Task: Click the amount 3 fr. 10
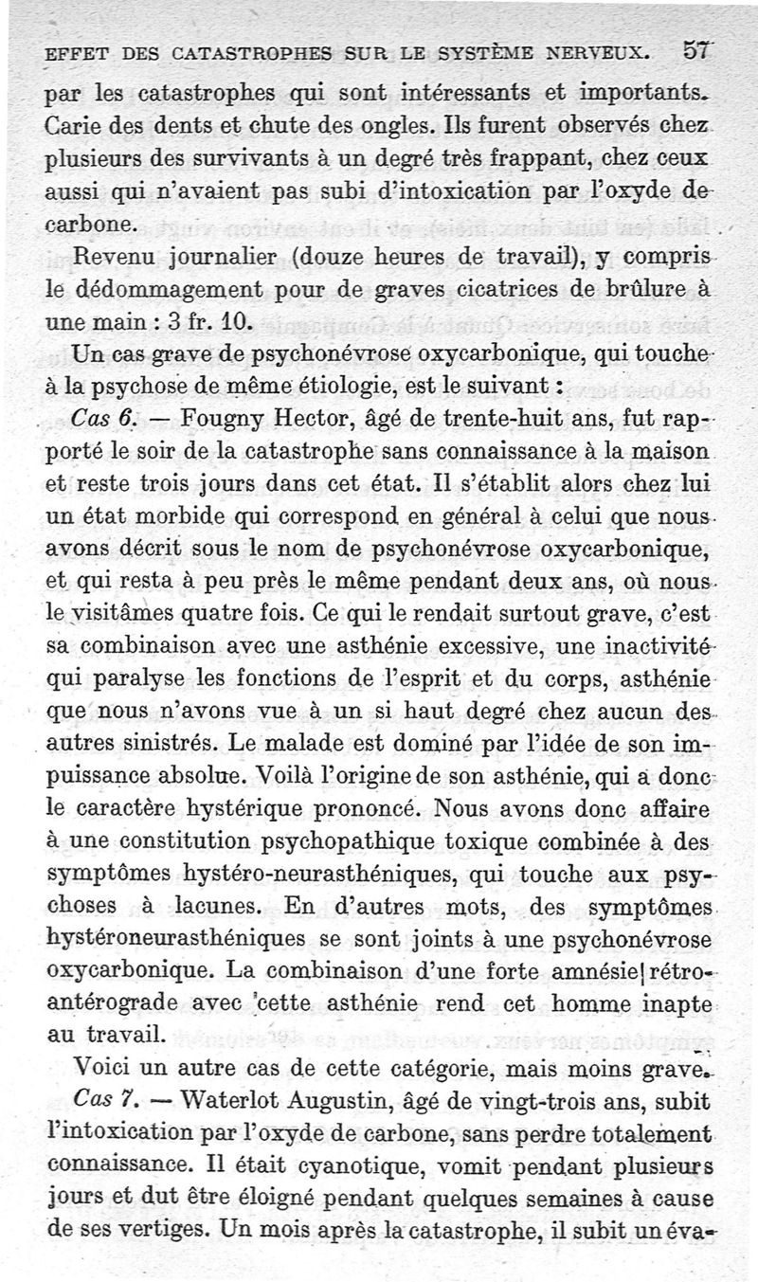pos(208,321)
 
